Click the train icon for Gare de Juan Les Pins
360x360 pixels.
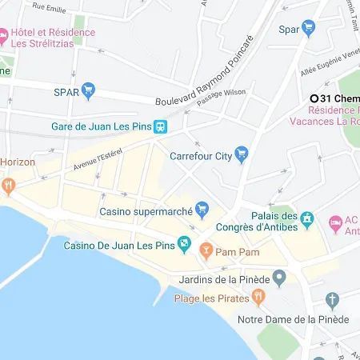161,127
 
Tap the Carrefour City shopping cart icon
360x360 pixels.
241,156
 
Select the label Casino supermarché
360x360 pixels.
146,211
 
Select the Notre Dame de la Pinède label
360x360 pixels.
293,319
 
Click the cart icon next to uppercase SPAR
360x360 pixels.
89,91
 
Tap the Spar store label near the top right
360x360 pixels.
289,30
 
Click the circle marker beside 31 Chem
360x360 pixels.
315,98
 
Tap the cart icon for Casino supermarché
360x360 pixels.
202,211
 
